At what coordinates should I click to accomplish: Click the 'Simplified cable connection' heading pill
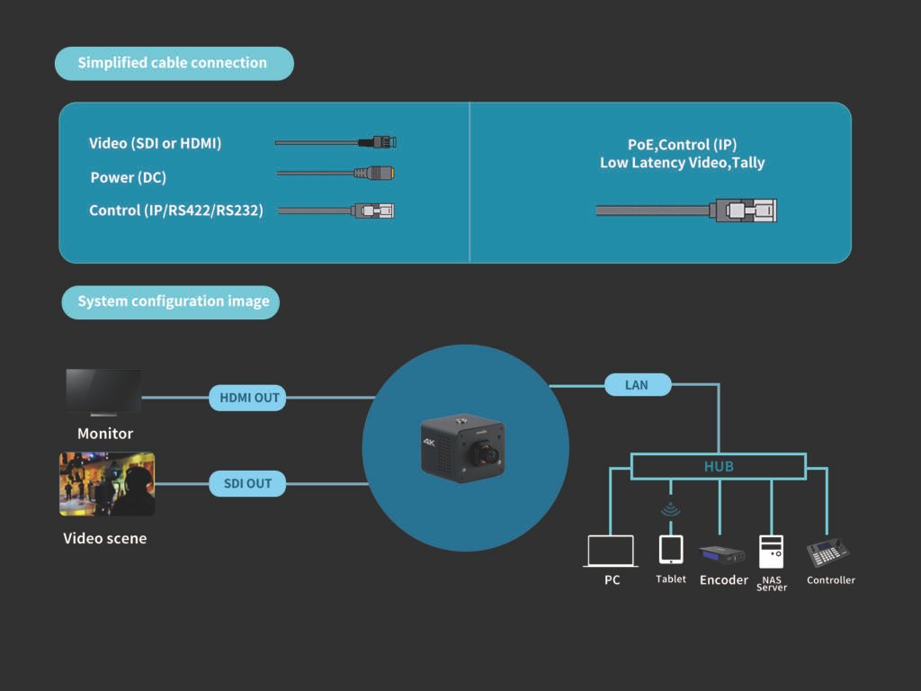pos(174,63)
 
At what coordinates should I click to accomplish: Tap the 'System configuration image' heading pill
pos(171,301)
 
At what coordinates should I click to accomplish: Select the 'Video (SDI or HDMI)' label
pos(155,143)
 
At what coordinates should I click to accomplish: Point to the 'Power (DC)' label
pos(129,177)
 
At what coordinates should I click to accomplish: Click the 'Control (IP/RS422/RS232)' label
pos(176,211)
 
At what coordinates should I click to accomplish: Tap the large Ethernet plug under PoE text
pos(747,211)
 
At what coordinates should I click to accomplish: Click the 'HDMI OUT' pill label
pos(247,398)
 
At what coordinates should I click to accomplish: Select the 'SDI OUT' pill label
pos(247,483)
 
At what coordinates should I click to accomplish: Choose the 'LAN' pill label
pos(637,385)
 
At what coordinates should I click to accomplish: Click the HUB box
pos(718,466)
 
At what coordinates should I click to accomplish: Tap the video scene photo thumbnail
pos(107,484)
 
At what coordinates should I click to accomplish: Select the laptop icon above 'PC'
pos(611,551)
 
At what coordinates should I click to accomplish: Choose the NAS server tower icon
pos(771,551)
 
